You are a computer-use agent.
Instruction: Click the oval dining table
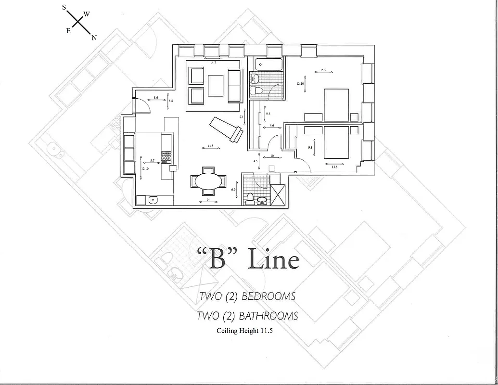pyautogui.click(x=209, y=181)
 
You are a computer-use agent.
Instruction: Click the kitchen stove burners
pyautogui.click(x=166, y=156)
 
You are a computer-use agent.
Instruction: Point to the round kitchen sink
pyautogui.click(x=153, y=200)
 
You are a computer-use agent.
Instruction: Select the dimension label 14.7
pyautogui.click(x=213, y=63)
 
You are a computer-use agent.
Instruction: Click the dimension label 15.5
pyautogui.click(x=323, y=71)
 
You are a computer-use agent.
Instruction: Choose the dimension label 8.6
pyautogui.click(x=156, y=98)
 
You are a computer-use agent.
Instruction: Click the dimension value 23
pyautogui.click(x=241, y=116)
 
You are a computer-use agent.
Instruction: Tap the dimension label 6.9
pyautogui.click(x=234, y=190)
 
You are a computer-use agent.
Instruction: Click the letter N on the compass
pyautogui.click(x=94, y=38)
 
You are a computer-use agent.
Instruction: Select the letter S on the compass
pyautogui.click(x=64, y=7)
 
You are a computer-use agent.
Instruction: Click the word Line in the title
pyautogui.click(x=273, y=260)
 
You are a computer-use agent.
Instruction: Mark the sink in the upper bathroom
pyautogui.click(x=255, y=78)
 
